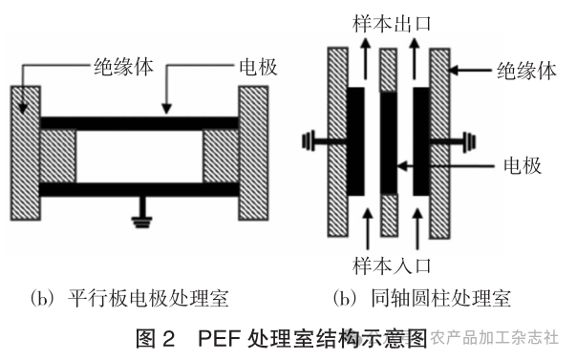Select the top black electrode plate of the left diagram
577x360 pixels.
click(139, 122)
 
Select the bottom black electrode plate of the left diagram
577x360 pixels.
click(139, 188)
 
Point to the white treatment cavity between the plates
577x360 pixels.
click(139, 155)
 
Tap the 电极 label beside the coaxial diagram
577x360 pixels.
click(522, 165)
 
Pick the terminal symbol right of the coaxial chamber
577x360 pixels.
click(469, 144)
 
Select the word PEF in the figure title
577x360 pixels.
click(221, 338)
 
